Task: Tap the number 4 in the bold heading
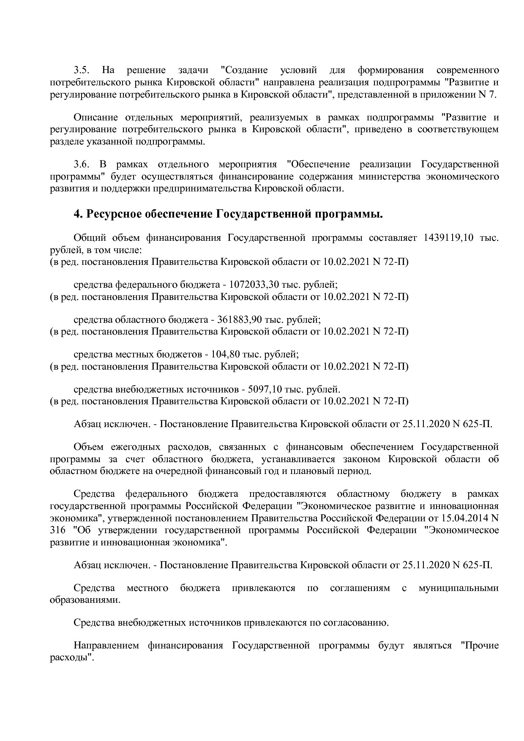pyautogui.click(x=77, y=214)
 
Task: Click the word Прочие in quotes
pyautogui.click(x=480, y=646)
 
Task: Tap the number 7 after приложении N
pyautogui.click(x=491, y=94)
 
